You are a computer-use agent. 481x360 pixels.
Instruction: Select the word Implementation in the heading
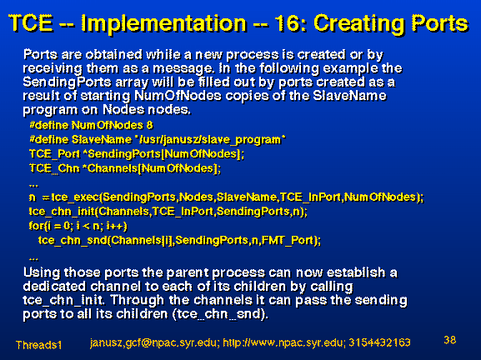pos(164,24)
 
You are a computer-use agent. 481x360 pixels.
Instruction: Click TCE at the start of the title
pos(31,22)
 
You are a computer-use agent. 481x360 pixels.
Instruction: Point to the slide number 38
pos(449,340)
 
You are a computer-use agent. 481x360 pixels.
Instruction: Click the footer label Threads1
pos(38,345)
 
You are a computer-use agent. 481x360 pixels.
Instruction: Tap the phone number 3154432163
pos(379,342)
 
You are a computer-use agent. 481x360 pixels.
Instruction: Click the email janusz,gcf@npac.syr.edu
pos(153,342)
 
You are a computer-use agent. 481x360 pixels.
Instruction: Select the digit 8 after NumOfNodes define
pos(150,126)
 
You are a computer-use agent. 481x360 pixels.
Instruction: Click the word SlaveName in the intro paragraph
pos(349,96)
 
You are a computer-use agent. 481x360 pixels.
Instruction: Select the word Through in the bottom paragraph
pos(137,300)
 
